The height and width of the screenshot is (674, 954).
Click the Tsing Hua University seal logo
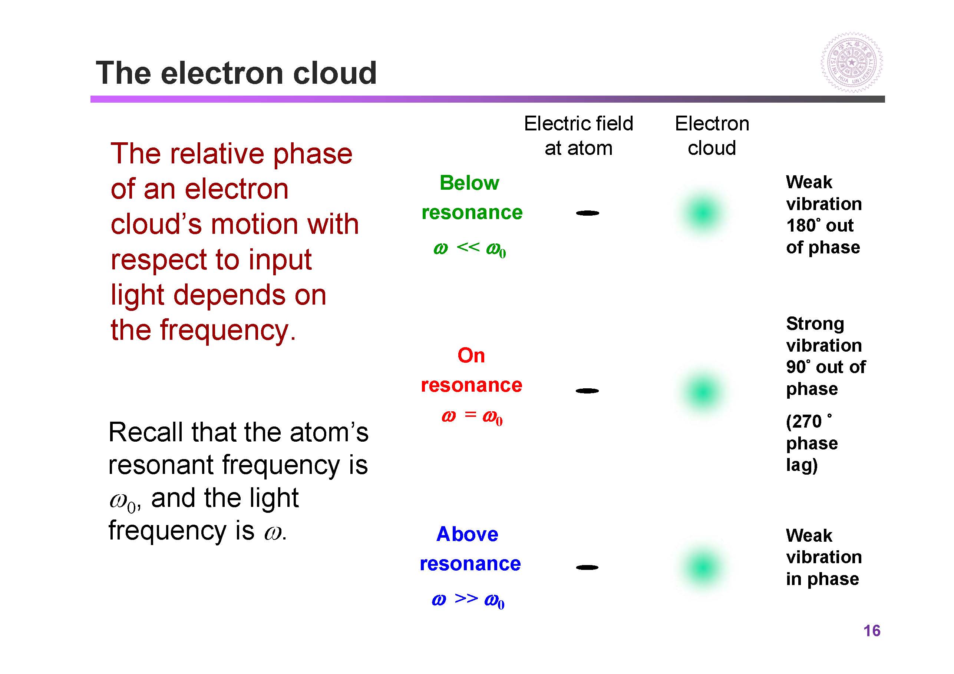point(851,62)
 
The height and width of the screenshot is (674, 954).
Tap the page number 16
point(872,631)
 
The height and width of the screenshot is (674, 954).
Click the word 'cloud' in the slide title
point(334,73)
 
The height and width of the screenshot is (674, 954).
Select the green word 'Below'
point(469,183)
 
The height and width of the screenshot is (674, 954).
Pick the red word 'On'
point(471,355)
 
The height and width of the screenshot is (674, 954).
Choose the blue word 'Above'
point(467,534)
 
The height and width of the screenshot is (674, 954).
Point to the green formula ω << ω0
point(469,249)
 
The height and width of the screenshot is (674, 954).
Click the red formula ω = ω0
point(472,416)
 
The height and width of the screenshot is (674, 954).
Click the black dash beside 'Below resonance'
point(588,213)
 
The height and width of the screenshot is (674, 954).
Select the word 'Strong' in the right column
point(815,324)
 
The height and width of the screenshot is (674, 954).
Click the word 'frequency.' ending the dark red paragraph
point(228,331)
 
